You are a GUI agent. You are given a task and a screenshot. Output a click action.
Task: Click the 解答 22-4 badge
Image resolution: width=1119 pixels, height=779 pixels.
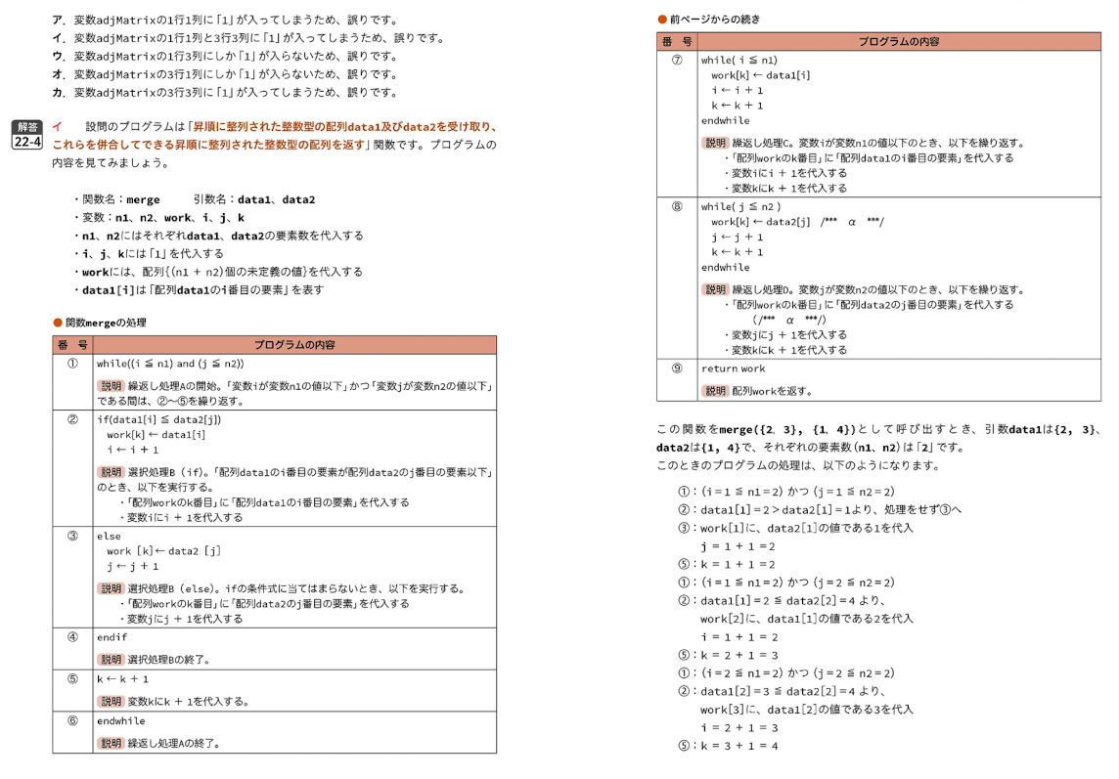point(27,134)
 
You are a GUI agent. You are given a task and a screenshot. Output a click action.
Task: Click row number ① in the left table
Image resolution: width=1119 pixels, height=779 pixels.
point(72,363)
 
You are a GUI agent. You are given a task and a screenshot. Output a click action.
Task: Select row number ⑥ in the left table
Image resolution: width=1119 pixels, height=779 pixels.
point(72,720)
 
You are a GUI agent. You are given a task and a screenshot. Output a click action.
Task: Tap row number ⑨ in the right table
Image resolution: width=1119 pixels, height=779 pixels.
point(677,368)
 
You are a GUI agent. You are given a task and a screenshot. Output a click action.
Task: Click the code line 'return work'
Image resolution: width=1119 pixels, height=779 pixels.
point(733,368)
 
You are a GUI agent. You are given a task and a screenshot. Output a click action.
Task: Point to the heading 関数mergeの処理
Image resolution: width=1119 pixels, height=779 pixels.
point(105,322)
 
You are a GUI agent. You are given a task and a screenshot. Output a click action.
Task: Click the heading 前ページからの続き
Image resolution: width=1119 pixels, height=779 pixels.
point(714,19)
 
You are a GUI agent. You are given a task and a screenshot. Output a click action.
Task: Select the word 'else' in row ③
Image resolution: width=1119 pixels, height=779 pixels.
point(108,536)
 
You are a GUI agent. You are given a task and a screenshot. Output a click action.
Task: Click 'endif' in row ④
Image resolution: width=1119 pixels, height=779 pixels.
point(112,636)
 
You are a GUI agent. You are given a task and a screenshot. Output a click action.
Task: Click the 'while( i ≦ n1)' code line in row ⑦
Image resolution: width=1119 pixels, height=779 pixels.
point(739,60)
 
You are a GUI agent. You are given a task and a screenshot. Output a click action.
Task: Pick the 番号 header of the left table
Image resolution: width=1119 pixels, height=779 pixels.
point(72,344)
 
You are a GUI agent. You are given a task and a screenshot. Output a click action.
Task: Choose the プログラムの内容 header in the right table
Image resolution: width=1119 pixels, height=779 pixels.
point(898,41)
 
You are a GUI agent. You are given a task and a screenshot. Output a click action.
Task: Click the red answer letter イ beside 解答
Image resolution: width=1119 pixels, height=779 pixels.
point(57,126)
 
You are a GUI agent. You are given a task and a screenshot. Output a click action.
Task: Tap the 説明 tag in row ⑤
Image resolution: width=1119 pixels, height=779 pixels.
point(111,701)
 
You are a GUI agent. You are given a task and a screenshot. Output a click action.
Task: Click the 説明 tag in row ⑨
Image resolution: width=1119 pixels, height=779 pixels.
point(715,391)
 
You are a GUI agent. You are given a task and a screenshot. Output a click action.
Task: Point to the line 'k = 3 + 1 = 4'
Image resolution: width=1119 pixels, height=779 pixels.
point(739,746)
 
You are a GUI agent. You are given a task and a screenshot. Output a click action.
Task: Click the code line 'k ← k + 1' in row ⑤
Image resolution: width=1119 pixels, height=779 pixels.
point(122,678)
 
